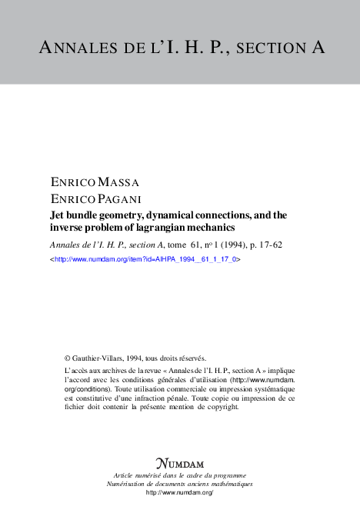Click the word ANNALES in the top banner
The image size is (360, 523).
pyautogui.click(x=77, y=48)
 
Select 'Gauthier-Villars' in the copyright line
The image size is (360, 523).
pyautogui.click(x=98, y=358)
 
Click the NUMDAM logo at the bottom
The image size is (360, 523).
pyautogui.click(x=179, y=464)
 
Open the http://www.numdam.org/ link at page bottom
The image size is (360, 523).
pyautogui.click(x=179, y=491)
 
